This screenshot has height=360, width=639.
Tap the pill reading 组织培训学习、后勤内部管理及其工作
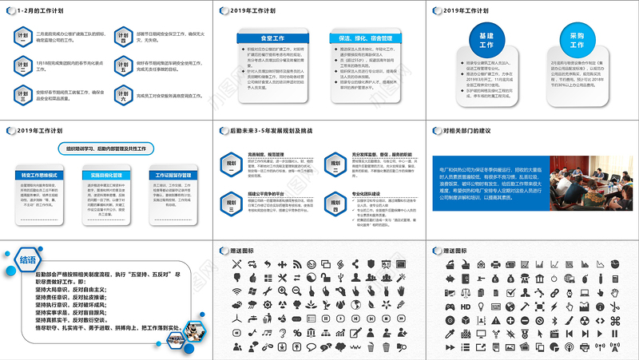[x=106, y=148]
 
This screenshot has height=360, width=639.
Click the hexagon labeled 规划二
[x=232, y=204]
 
